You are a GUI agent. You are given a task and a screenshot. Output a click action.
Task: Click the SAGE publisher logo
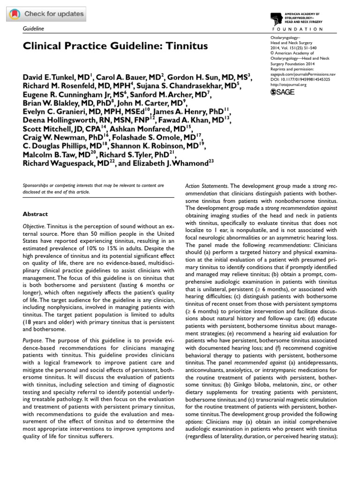[284, 93]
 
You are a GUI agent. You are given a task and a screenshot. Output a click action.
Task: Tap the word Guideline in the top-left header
[33, 29]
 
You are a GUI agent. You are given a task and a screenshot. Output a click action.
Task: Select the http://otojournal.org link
[289, 85]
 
